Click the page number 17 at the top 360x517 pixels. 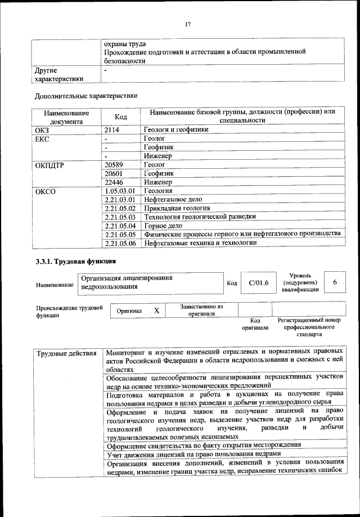pos(188,24)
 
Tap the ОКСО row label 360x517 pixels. pos(47,191)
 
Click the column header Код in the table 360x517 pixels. pos(120,116)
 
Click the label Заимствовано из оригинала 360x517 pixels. pos(201,310)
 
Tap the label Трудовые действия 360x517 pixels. pos(66,353)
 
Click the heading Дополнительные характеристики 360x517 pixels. pos(85,96)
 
